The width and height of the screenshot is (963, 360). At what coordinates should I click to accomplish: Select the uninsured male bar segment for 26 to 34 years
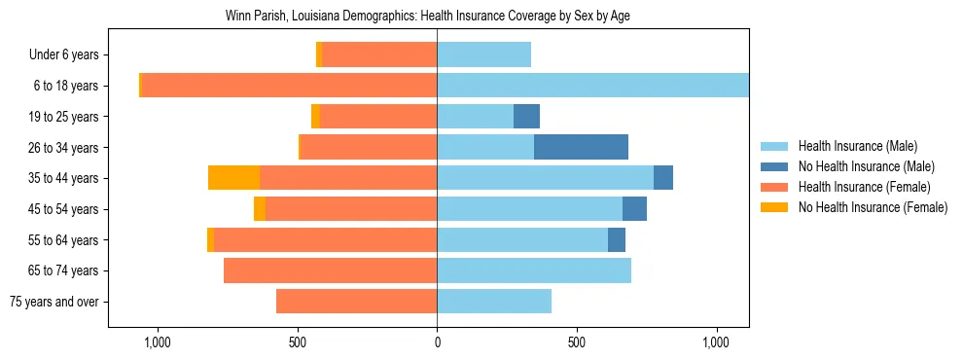(x=581, y=148)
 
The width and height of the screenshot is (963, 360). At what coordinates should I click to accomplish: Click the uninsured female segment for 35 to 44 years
(x=233, y=178)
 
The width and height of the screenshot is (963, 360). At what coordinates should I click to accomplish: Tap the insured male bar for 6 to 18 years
(x=592, y=86)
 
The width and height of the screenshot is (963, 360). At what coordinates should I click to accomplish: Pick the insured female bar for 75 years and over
(x=356, y=302)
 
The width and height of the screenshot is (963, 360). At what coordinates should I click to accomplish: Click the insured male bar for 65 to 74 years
(x=534, y=270)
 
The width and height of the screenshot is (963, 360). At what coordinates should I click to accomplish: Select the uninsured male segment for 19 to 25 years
(x=526, y=117)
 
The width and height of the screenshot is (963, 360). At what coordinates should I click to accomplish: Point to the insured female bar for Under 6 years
(x=379, y=55)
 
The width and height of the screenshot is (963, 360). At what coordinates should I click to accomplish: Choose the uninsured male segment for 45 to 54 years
(x=634, y=209)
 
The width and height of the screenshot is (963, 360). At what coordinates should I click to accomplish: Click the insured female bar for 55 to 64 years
(x=325, y=240)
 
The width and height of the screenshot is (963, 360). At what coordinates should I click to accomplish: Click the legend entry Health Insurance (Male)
(x=857, y=146)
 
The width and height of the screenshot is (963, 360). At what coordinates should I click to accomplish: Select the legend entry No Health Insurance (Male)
(x=866, y=166)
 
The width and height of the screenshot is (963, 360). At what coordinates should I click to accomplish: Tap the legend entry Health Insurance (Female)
(x=864, y=187)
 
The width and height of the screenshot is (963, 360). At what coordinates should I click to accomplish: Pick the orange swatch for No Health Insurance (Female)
(x=775, y=207)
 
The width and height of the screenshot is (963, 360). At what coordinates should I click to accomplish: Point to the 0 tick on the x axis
(x=437, y=342)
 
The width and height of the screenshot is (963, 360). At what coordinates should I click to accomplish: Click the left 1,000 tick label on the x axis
(x=157, y=342)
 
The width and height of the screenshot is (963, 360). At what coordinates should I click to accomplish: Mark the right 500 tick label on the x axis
(x=577, y=342)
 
